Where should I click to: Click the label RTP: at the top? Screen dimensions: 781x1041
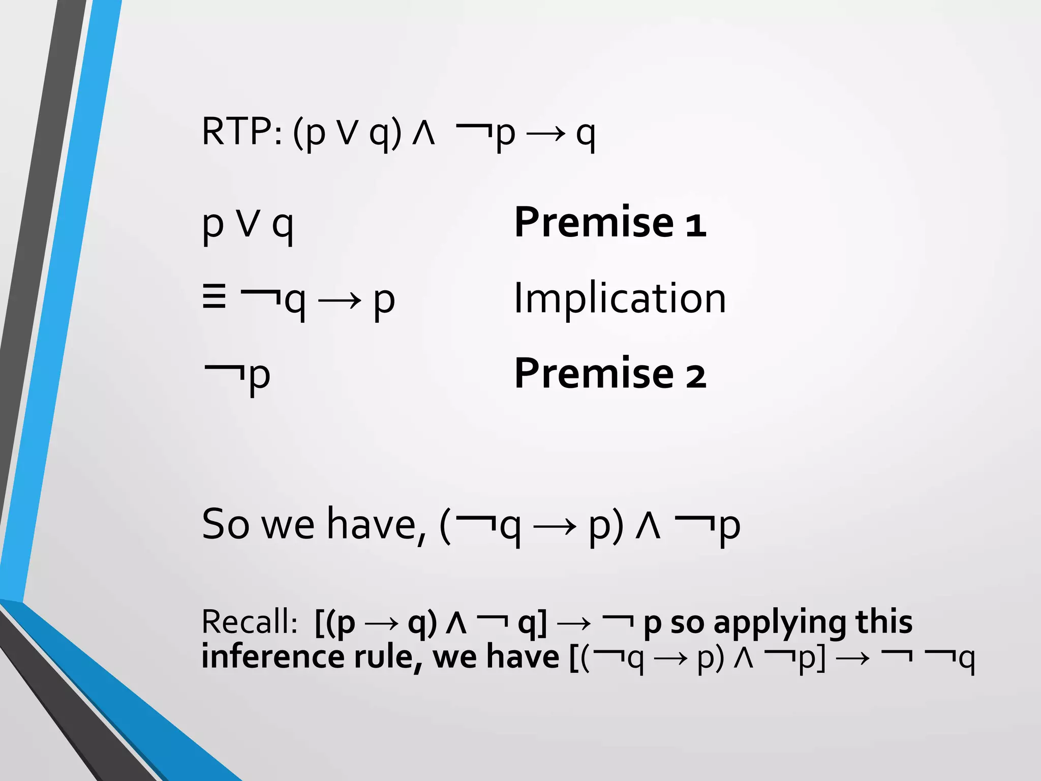241,132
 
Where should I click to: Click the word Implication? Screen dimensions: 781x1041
620,298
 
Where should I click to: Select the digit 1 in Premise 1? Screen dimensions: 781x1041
696,224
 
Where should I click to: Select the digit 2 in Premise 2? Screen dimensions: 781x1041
696,376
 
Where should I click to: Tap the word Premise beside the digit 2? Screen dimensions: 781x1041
594,374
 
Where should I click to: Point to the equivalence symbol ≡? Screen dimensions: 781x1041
214,297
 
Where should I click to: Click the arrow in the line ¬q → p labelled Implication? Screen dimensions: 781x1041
339,300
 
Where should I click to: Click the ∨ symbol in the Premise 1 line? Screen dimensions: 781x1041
249,224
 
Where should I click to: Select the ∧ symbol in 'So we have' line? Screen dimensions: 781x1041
648,526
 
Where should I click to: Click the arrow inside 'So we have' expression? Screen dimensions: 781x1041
555,526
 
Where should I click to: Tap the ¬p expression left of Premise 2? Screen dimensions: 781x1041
237,376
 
